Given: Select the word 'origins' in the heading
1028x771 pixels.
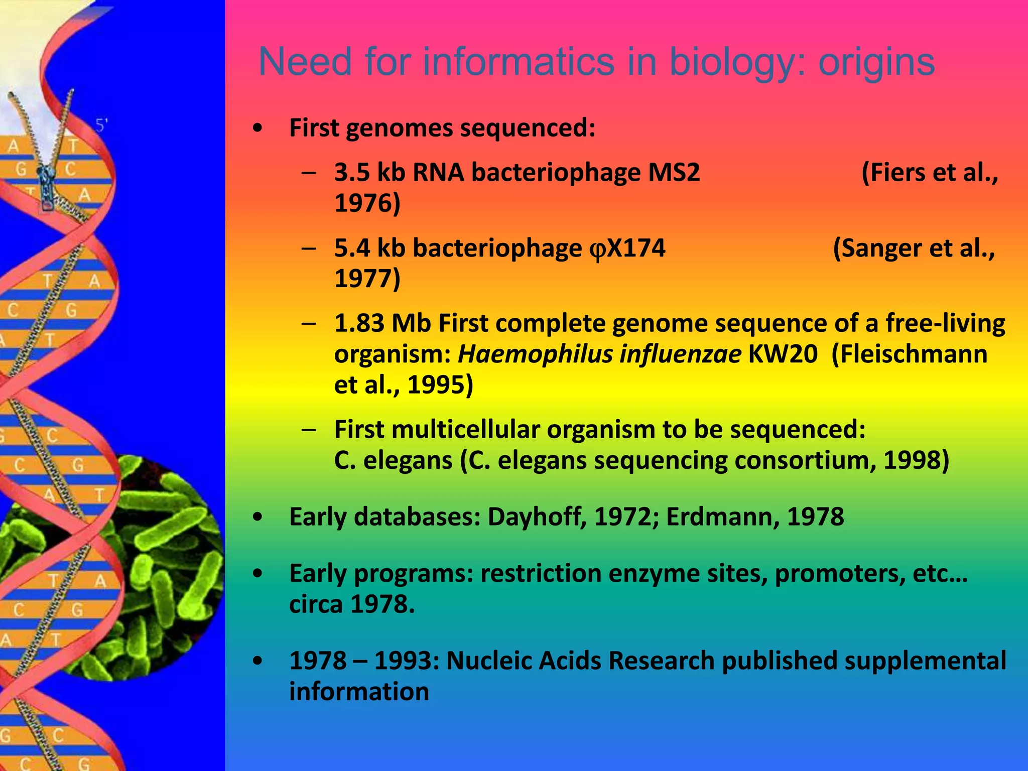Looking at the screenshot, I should [x=876, y=62].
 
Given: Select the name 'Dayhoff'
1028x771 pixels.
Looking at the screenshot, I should [x=537, y=517].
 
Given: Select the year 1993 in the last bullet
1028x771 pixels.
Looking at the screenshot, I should [x=407, y=661].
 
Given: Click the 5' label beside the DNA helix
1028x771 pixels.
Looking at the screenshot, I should [x=102, y=125].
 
